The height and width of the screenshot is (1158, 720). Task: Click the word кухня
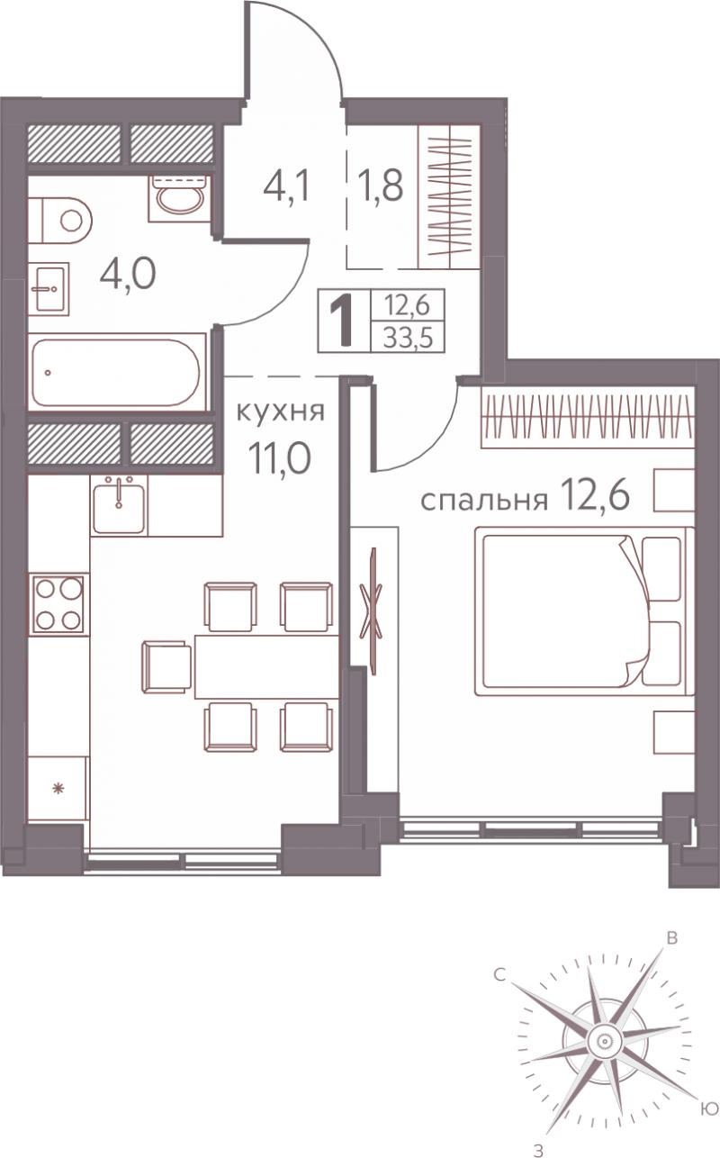pyautogui.click(x=280, y=412)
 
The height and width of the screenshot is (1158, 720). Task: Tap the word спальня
pyautogui.click(x=484, y=501)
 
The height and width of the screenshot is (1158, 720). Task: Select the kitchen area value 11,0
pyautogui.click(x=280, y=459)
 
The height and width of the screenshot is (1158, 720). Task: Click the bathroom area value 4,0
pyautogui.click(x=128, y=275)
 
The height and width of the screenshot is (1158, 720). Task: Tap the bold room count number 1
pyautogui.click(x=342, y=323)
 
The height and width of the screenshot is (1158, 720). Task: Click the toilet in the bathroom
pyautogui.click(x=59, y=222)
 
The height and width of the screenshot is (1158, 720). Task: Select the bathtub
pyautogui.click(x=116, y=372)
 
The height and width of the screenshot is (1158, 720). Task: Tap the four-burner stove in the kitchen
pyautogui.click(x=58, y=604)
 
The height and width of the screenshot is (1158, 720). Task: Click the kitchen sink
pyautogui.click(x=119, y=504)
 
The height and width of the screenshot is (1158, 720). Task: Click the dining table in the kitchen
pyautogui.click(x=266, y=667)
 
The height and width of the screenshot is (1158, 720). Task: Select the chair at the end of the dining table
pyautogui.click(x=166, y=667)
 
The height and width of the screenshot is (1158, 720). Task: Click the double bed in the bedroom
pyautogui.click(x=584, y=611)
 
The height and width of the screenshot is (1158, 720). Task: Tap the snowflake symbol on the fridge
pyautogui.click(x=58, y=789)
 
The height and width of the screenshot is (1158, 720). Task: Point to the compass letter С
pyautogui.click(x=499, y=975)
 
